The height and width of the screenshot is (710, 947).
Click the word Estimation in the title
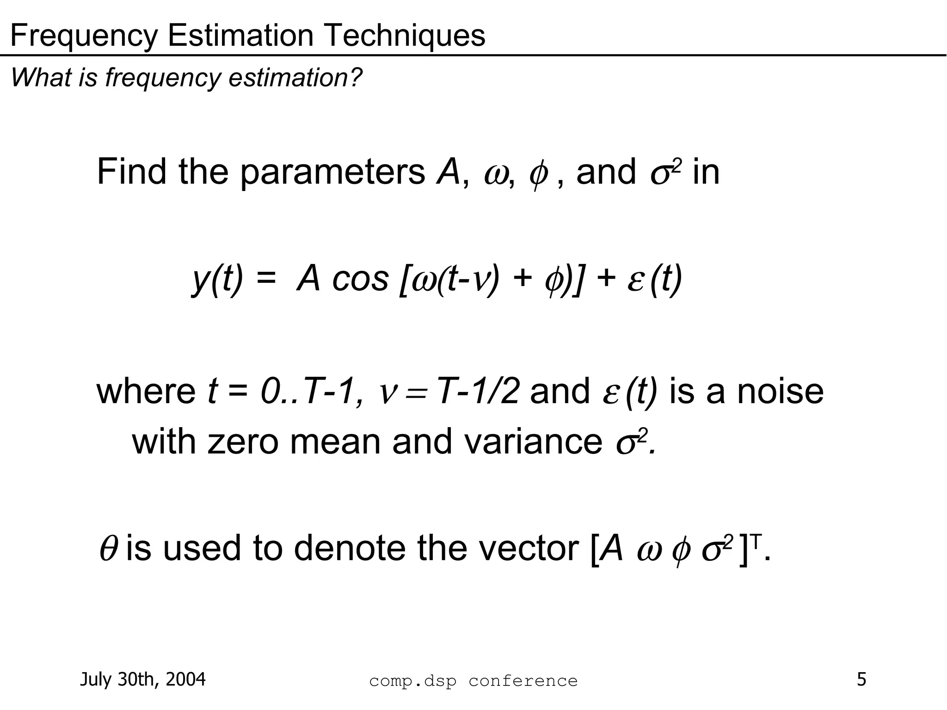pos(240,35)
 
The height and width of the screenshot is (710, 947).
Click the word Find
pos(131,172)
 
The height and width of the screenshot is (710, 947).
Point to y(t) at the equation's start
pos(217,279)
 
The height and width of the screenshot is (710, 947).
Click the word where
pos(146,391)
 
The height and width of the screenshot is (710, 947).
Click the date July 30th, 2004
pos(143,679)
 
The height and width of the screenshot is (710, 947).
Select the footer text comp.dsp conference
pos(473,681)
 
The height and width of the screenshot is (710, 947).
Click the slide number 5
pos(861,679)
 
